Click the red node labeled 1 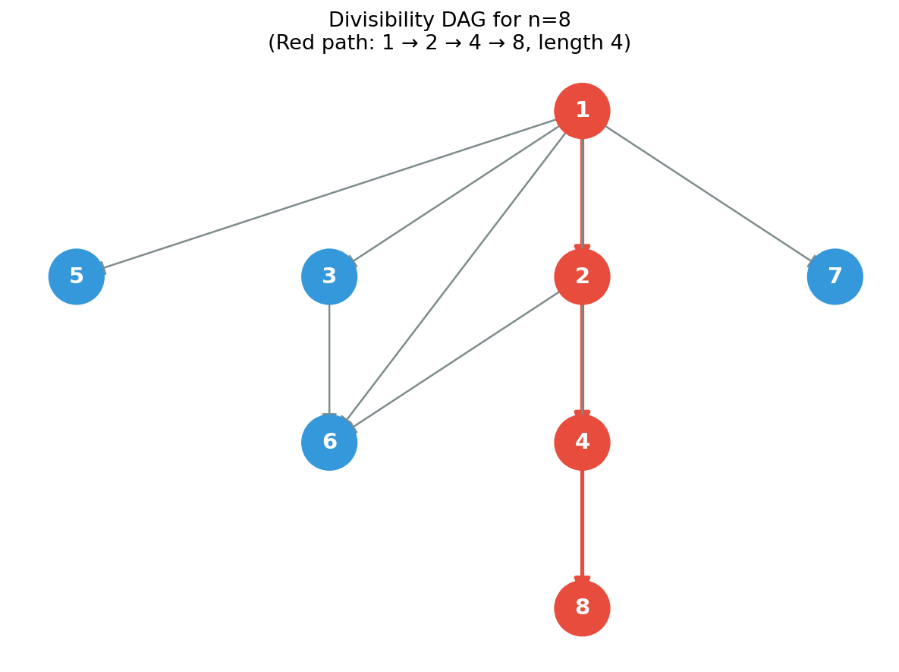582,111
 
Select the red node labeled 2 582,276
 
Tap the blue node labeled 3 329,276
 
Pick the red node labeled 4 582,443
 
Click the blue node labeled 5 77,276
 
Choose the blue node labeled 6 329,443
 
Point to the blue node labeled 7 835,276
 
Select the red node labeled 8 582,608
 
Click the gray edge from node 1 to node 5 329,194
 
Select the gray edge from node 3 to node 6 329,360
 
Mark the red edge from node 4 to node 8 582,525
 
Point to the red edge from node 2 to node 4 582,360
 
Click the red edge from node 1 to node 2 582,194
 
